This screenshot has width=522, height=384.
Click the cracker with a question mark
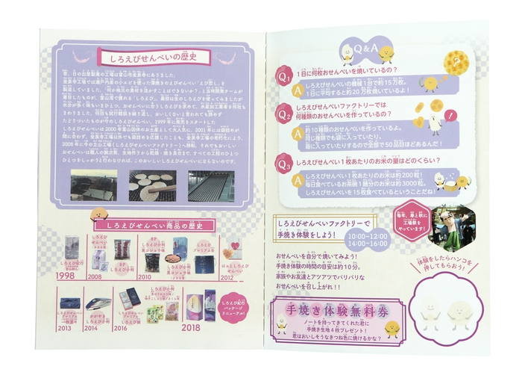tap(454, 60)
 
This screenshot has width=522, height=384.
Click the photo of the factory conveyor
tap(209, 185)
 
